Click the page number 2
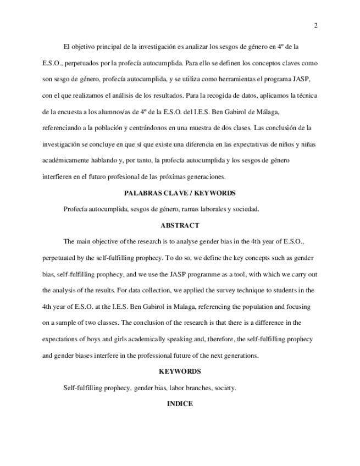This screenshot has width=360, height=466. click(316, 25)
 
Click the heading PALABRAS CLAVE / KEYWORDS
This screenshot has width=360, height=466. click(180, 193)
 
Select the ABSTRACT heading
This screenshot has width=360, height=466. click(180, 225)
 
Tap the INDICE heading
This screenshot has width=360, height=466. click(180, 404)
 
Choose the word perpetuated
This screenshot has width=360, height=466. click(60, 258)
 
